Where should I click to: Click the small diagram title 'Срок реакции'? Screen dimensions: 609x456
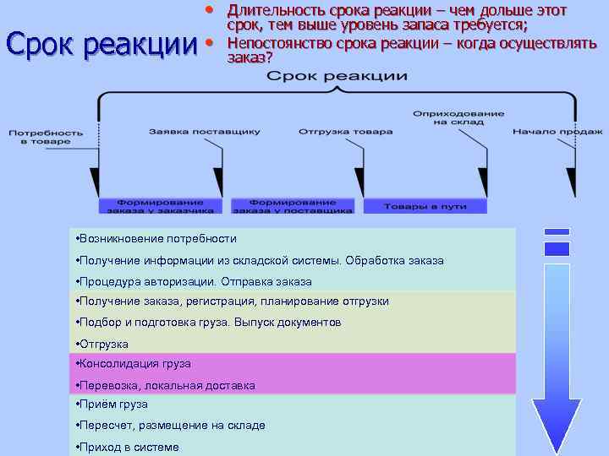tap(337, 77)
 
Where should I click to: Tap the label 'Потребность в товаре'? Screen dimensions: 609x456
tap(46, 137)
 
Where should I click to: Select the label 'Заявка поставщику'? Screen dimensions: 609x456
tap(205, 132)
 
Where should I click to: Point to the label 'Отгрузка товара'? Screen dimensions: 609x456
tap(345, 132)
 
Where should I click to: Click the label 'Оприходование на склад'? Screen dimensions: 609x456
tap(447, 117)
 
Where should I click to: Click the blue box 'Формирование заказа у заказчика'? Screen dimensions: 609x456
tap(160, 206)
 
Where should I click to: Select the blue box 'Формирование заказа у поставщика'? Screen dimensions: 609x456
tap(294, 206)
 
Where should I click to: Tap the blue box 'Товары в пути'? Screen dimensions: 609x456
tap(425, 206)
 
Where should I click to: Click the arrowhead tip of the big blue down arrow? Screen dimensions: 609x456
tap(556, 449)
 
